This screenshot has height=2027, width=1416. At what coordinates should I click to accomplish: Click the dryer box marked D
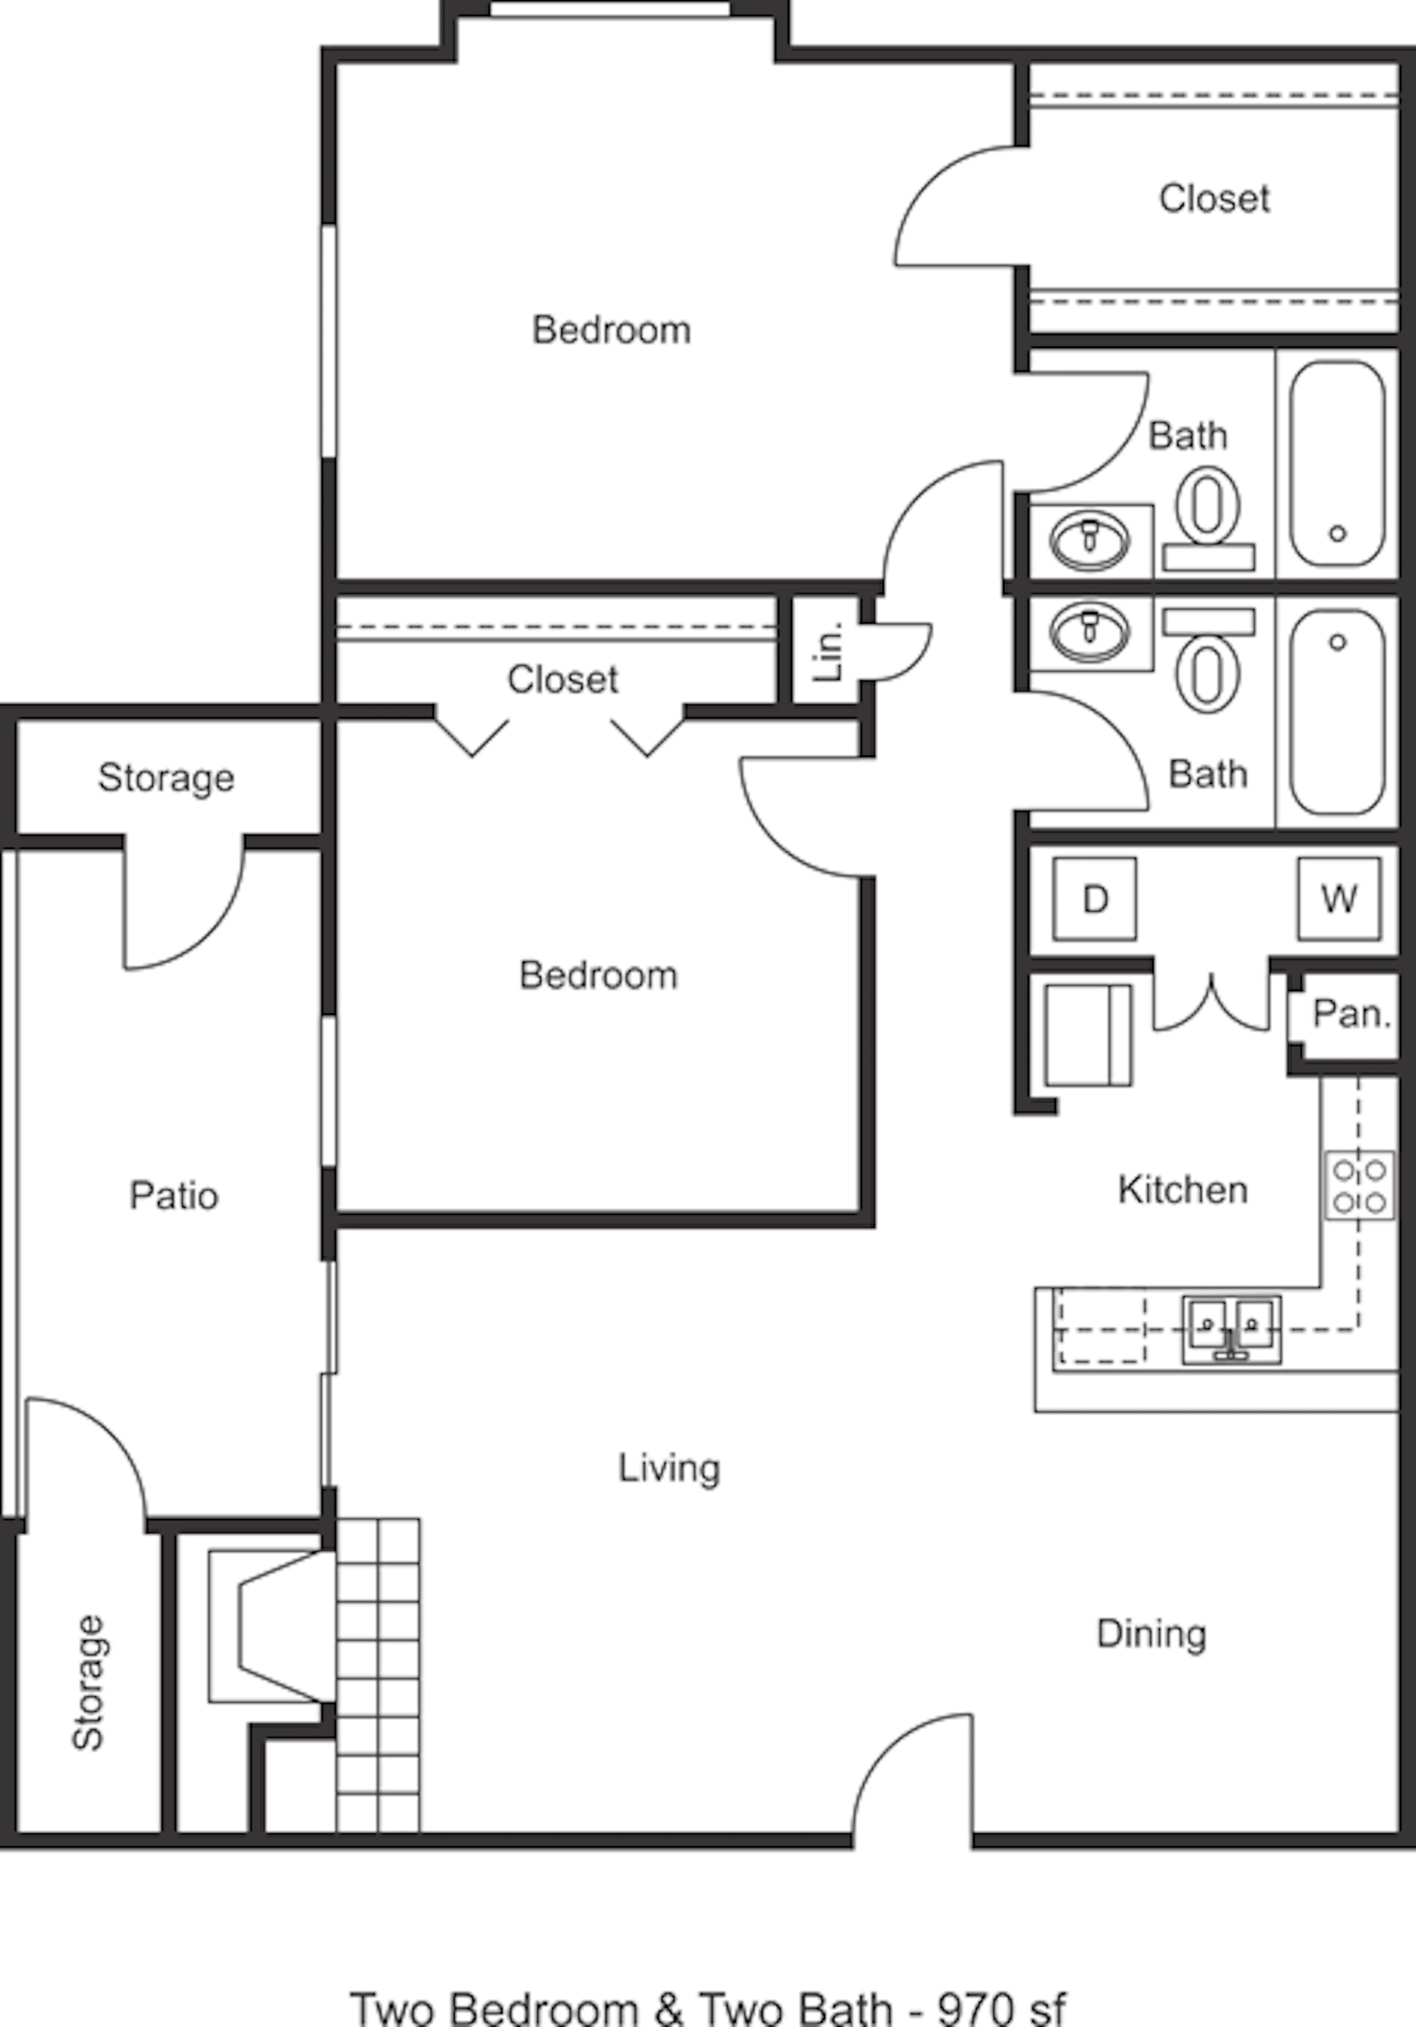point(1095,899)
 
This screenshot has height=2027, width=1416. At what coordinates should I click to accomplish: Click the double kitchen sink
point(1232,1329)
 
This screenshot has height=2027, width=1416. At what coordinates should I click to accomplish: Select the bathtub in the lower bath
point(1337,712)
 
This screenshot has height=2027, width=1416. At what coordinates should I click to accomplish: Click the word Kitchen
point(1183,1190)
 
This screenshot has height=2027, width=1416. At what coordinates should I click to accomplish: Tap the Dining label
point(1151,1634)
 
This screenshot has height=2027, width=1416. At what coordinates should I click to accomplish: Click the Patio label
point(174,1196)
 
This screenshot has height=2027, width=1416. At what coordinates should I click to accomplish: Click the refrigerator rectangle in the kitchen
point(1087,1035)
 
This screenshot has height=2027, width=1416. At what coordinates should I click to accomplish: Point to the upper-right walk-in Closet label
point(1214,198)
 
